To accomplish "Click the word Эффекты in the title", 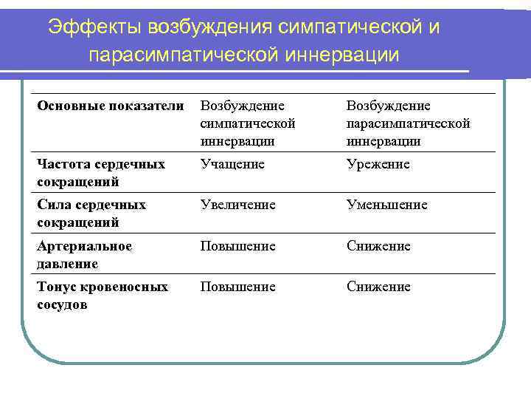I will coord(95,27).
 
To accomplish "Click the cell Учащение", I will coord(232,163).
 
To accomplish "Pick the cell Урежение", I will coord(378,163).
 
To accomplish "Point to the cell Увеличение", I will coord(238,205).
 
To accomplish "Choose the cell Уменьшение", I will coord(387,205).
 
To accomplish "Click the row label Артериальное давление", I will coord(85,254).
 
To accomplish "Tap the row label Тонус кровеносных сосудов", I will coord(103,295).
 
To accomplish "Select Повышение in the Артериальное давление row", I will coord(238,245).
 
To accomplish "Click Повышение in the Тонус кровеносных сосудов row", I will coord(238,286).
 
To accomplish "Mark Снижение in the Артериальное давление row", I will coord(378,245).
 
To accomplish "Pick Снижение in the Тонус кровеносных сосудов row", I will coord(378,286).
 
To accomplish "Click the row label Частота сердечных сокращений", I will coord(101,172).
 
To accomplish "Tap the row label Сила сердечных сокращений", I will coord(91,213).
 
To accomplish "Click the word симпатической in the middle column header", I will coord(248,123).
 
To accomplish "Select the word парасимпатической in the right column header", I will coord(409,123).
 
